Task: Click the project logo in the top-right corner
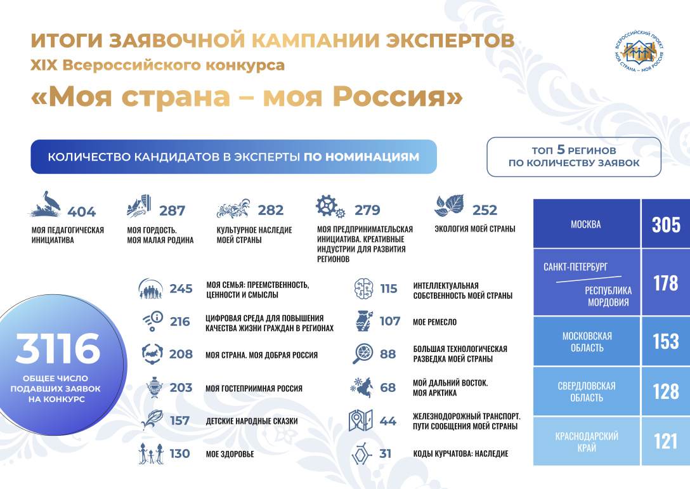point(639,52)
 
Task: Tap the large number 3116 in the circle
point(58,349)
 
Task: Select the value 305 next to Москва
point(666,225)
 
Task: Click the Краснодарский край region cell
point(587,441)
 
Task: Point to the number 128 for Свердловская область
point(666,391)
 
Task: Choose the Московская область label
point(587,342)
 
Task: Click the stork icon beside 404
point(46,204)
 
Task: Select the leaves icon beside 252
point(449,205)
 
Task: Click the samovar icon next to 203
point(155,388)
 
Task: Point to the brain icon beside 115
point(364,289)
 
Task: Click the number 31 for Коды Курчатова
point(385,453)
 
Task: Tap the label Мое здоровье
point(230,453)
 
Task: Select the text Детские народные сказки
point(252,421)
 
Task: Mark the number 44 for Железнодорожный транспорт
point(387,421)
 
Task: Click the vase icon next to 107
point(364,321)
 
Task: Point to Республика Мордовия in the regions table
point(608,296)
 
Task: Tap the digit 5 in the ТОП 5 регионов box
point(561,150)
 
